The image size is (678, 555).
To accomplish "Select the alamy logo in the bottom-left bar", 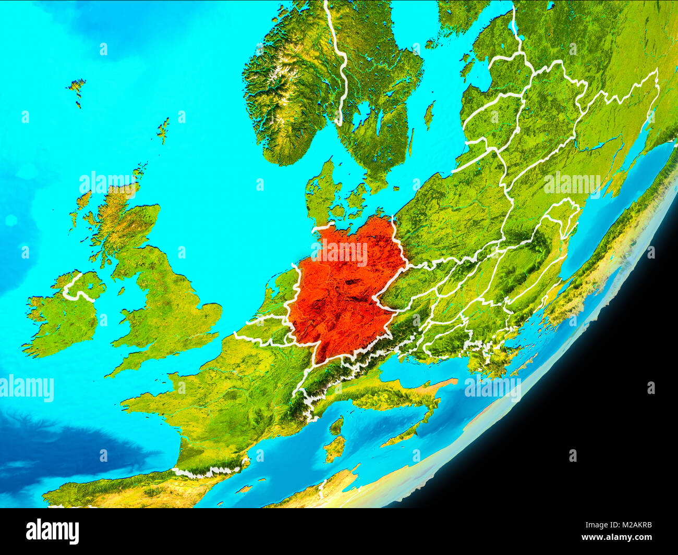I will point(52,532).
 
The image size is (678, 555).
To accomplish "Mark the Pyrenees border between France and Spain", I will point(209,472).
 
